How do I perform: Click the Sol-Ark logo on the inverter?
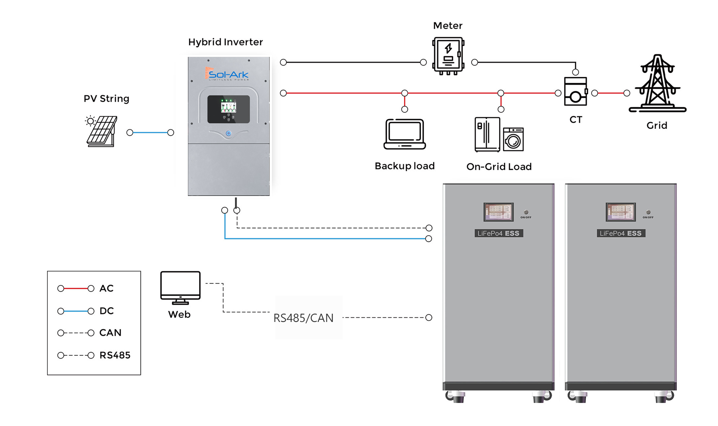pyautogui.click(x=228, y=74)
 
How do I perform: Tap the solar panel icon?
pyautogui.click(x=102, y=131)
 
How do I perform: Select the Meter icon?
pyautogui.click(x=448, y=55)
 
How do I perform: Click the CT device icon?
pyautogui.click(x=575, y=92)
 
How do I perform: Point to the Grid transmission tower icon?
pyautogui.click(x=657, y=84)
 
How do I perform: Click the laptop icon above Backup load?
pyautogui.click(x=405, y=134)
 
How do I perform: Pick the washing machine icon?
pyautogui.click(x=513, y=139)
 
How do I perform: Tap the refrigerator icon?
pyautogui.click(x=487, y=134)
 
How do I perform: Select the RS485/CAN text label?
pyautogui.click(x=303, y=318)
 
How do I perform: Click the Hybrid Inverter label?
pyautogui.click(x=225, y=42)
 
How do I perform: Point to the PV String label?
pyautogui.click(x=106, y=99)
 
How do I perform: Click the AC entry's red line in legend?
pyautogui.click(x=76, y=289)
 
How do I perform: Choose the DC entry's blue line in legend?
pyautogui.click(x=76, y=311)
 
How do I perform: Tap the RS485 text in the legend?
pyautogui.click(x=115, y=355)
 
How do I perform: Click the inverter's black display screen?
pyautogui.click(x=228, y=109)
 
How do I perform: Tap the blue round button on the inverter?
pyautogui.click(x=228, y=133)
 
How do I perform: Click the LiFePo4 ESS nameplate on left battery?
pyautogui.click(x=498, y=233)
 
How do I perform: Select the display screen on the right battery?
pyautogui.click(x=620, y=212)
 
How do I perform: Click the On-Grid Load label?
pyautogui.click(x=499, y=166)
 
